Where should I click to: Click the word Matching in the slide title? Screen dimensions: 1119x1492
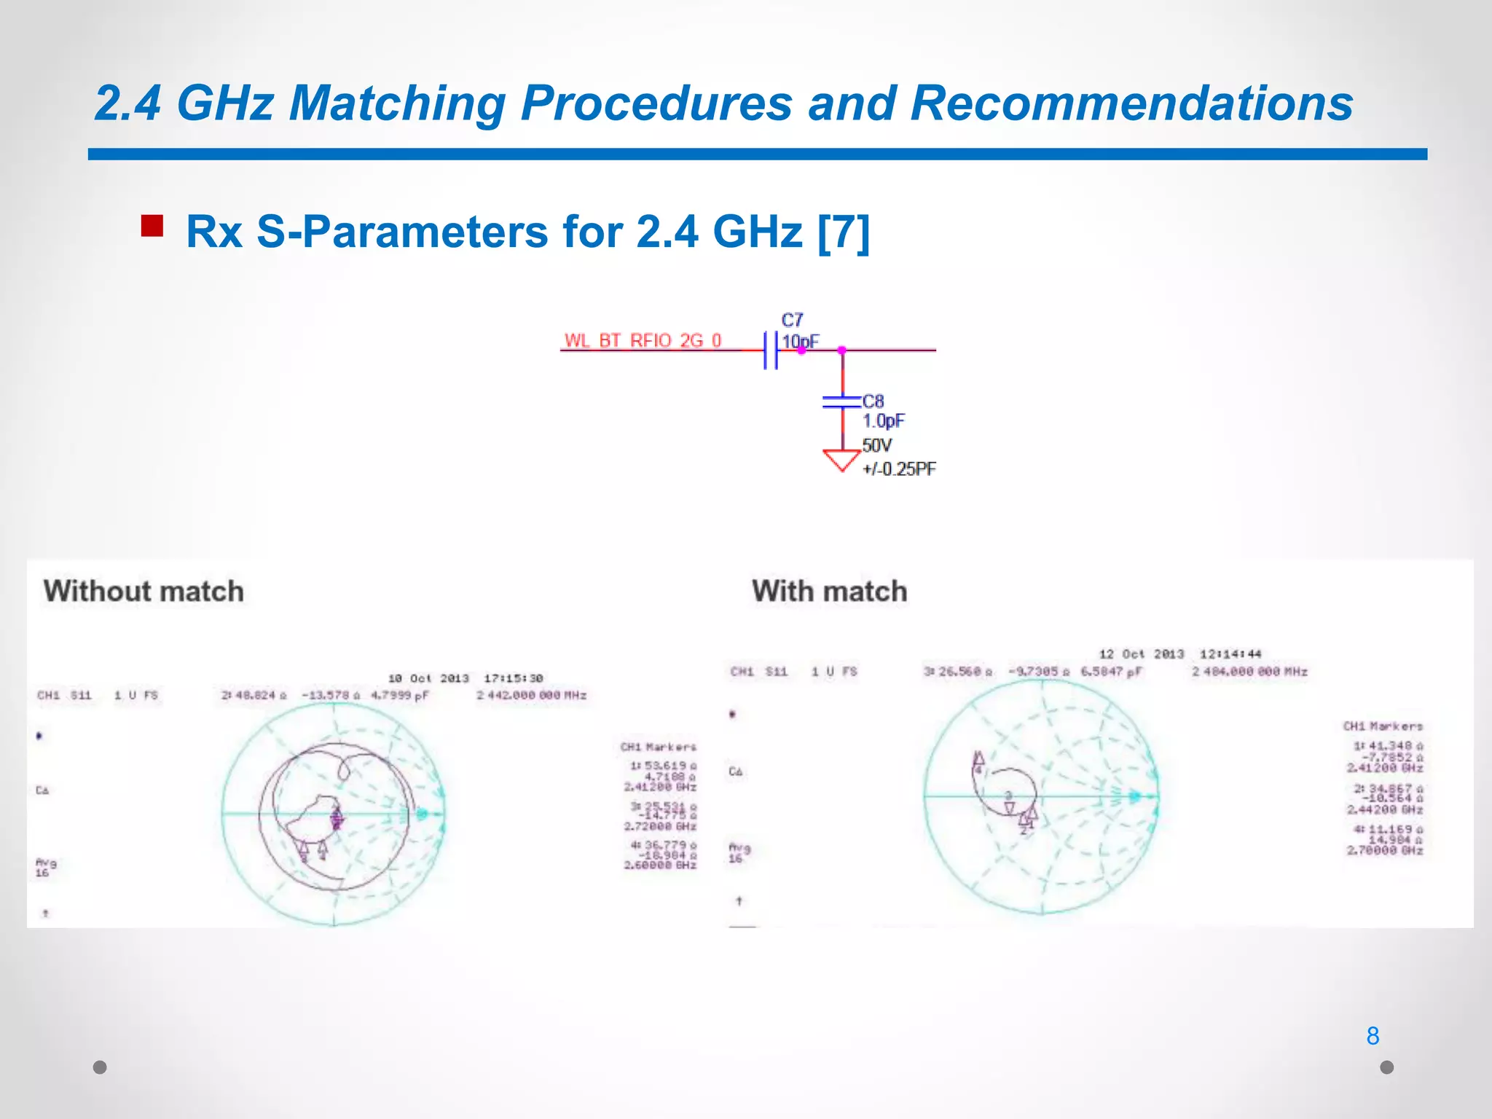397,103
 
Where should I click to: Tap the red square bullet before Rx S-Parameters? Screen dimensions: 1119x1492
152,226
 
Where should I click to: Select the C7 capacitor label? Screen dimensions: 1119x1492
792,320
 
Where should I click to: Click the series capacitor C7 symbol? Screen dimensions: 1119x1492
771,350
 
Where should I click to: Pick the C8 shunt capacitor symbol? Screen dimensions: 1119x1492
841,401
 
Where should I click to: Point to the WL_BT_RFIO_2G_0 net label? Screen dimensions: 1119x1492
643,340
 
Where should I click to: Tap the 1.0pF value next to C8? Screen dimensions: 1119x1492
884,421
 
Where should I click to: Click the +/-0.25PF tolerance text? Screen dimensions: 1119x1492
899,469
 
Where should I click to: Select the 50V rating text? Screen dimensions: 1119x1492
876,445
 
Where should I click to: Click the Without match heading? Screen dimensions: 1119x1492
144,591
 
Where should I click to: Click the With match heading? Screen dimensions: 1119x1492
830,591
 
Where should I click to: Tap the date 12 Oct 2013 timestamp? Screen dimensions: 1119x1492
1141,654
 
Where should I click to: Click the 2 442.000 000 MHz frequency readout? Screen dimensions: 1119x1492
531,695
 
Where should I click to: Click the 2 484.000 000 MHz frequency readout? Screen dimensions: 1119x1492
1249,671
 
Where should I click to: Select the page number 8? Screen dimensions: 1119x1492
1373,1035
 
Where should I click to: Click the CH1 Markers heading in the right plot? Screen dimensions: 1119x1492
1383,726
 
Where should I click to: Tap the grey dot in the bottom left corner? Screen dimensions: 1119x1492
100,1067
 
